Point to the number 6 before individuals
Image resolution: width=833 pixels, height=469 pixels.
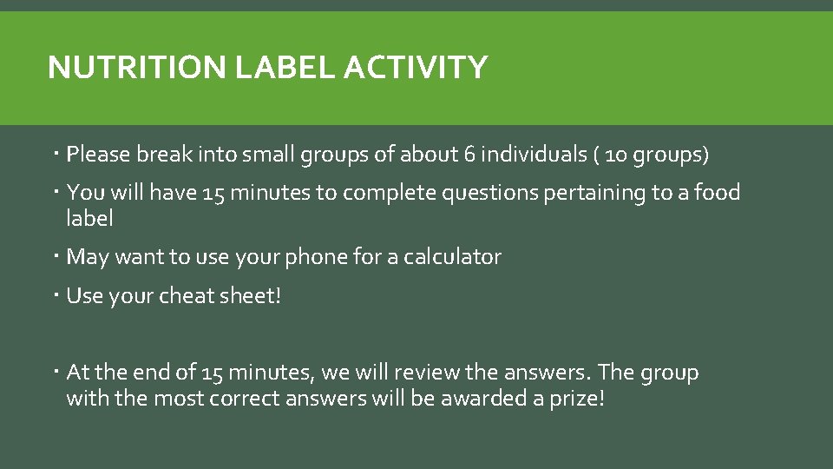pyautogui.click(x=469, y=155)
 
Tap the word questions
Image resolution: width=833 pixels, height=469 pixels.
pyautogui.click(x=491, y=193)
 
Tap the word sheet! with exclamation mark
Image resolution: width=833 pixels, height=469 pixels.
pyautogui.click(x=253, y=296)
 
